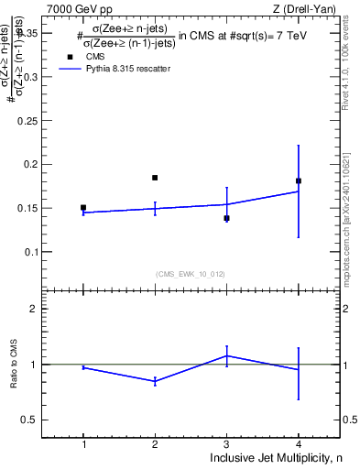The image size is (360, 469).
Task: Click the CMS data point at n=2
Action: (x=155, y=178)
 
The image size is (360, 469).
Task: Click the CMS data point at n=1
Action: (x=83, y=208)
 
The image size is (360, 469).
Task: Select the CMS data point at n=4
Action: (x=299, y=180)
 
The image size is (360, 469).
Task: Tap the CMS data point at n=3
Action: (x=226, y=218)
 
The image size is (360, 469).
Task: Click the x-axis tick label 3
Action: (x=226, y=444)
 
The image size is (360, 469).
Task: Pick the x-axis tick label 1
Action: (x=83, y=444)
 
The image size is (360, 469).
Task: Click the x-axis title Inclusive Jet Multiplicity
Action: (x=274, y=458)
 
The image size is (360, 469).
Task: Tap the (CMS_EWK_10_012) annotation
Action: (x=191, y=274)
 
